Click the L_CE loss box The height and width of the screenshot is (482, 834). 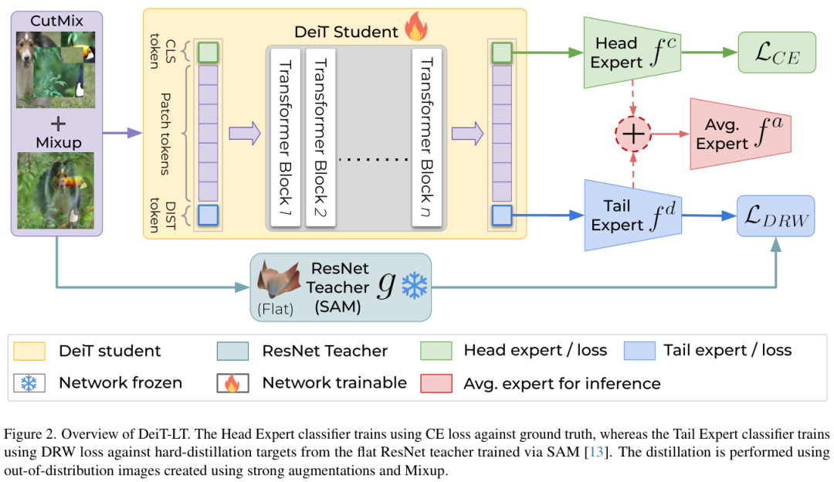coord(777,53)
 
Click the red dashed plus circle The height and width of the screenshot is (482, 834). coord(633,134)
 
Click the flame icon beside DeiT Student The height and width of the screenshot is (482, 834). coord(415,29)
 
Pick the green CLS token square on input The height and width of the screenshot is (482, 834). coord(208,53)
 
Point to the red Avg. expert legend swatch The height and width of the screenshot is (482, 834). coord(435,382)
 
